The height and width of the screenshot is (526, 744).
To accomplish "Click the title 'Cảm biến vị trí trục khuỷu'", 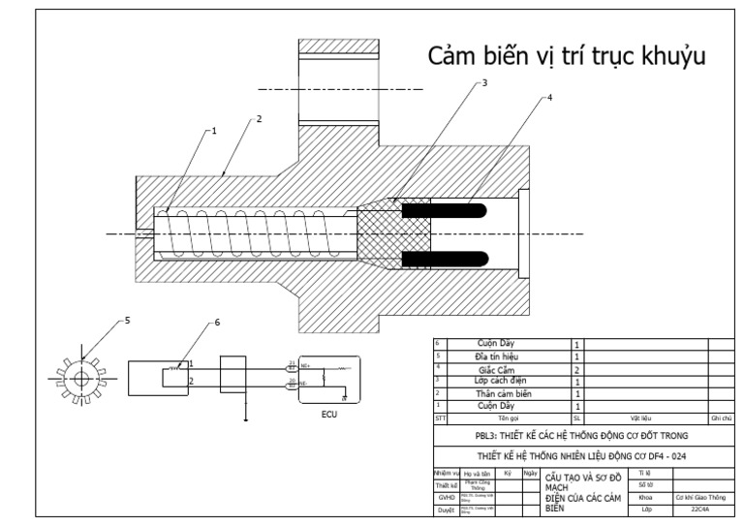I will (x=566, y=57).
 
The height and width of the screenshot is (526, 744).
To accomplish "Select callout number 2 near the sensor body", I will (x=259, y=119).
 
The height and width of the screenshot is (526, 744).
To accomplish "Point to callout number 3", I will (x=485, y=84).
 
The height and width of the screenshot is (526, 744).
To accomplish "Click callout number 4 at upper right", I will (x=552, y=100).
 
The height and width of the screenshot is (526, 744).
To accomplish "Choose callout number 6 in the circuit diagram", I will (x=216, y=323).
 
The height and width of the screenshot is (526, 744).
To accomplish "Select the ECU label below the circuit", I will (x=329, y=414).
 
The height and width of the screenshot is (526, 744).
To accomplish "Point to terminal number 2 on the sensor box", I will (x=191, y=381).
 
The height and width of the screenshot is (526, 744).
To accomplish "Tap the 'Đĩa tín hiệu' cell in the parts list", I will (x=503, y=356).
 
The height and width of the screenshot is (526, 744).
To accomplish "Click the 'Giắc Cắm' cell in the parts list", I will (x=503, y=368).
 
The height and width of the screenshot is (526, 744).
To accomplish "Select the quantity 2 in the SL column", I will (x=577, y=368).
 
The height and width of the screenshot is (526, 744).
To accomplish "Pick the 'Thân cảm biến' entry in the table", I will (x=503, y=393).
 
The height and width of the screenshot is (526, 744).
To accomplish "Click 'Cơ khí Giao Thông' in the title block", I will (x=699, y=495).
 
